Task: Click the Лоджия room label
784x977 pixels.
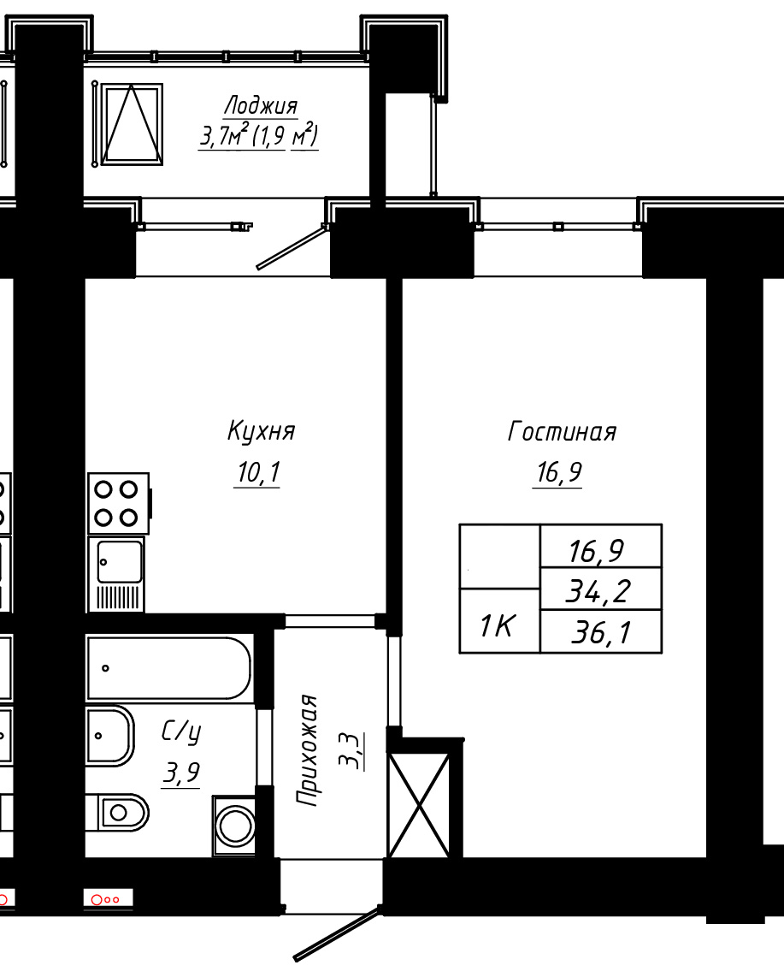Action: point(261,105)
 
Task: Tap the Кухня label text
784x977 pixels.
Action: point(262,431)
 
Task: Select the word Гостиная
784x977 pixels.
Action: point(562,432)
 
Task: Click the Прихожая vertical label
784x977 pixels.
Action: point(307,750)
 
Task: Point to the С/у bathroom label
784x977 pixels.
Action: point(181,732)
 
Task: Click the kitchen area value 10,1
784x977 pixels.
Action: point(258,472)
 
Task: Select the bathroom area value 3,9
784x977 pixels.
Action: point(181,773)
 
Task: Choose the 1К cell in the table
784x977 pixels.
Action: point(499,621)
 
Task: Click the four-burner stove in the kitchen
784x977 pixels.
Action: point(119,503)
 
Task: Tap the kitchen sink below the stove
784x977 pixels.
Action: point(116,574)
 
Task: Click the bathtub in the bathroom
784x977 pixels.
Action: point(168,668)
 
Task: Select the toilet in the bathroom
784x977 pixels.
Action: point(117,813)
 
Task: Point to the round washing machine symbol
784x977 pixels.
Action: point(235,825)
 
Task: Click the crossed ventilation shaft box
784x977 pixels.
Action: point(419,804)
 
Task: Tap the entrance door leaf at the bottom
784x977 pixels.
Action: point(337,934)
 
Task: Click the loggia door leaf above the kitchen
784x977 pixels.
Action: point(292,248)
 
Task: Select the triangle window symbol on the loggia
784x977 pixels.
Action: point(132,125)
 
